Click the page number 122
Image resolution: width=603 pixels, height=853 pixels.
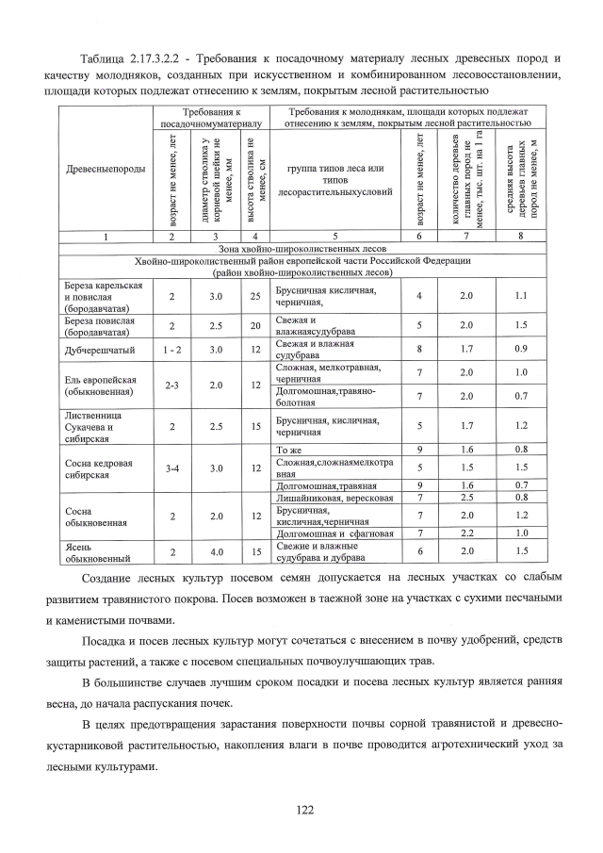[x=303, y=808]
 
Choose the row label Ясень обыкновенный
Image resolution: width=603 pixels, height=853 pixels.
[x=92, y=551]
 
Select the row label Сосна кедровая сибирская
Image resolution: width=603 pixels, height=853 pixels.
[x=98, y=468]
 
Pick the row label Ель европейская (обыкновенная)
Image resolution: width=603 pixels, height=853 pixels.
[x=100, y=385]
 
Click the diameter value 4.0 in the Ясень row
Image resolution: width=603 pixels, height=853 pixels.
[x=216, y=551]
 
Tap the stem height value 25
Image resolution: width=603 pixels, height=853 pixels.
[x=255, y=296]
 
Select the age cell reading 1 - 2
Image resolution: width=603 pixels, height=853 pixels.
[x=171, y=350]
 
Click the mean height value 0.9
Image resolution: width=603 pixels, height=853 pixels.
[x=522, y=350]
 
